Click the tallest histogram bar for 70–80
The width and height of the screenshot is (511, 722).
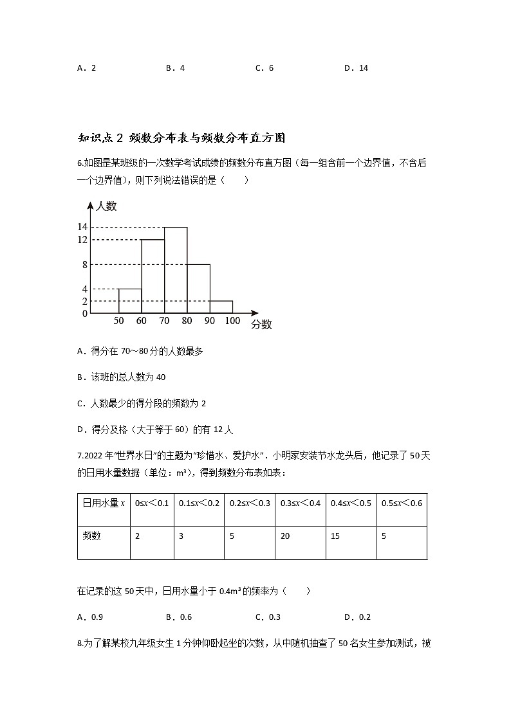coord(176,270)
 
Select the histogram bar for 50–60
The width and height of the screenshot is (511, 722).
coord(130,301)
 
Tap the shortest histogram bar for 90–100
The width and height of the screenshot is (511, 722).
coord(221,307)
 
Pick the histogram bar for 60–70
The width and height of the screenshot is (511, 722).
coord(153,276)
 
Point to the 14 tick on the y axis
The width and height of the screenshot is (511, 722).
coord(82,227)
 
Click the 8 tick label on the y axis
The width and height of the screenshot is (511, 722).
coord(84,264)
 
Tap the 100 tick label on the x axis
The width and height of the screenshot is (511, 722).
coord(232,320)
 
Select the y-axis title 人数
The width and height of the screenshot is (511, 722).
coord(106,206)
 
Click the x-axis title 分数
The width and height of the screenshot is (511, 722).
coord(261,325)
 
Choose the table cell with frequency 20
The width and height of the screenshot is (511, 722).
coord(301,536)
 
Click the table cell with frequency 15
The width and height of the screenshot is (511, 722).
coord(351,536)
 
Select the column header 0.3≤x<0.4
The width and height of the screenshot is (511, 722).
coord(301,503)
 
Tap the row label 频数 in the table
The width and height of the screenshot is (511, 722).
coord(93,536)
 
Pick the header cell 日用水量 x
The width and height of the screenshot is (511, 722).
coord(104,503)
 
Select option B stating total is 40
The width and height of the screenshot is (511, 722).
coord(122,377)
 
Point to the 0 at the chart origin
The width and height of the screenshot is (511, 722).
coord(84,313)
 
